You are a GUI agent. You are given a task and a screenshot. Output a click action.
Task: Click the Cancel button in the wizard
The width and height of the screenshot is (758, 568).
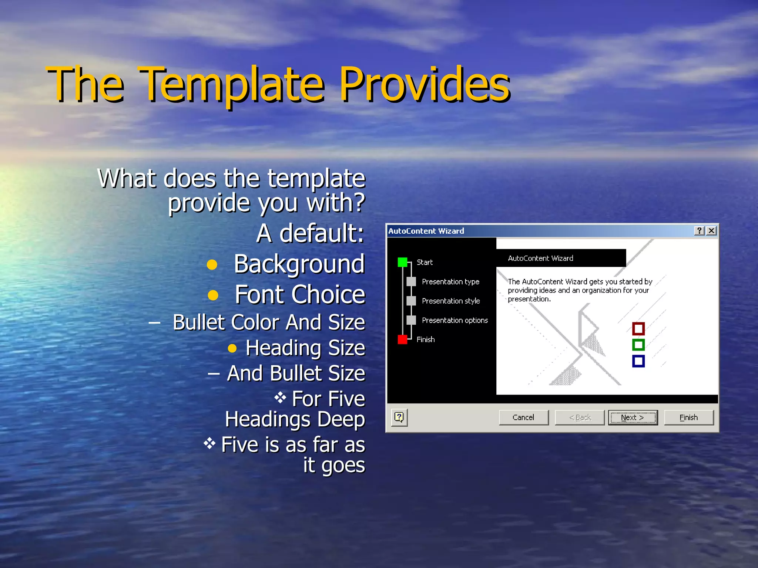(523, 417)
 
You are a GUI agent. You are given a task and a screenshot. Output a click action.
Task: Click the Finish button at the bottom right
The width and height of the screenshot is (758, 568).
(688, 417)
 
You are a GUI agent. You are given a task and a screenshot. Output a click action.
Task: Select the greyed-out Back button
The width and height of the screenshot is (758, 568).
(580, 417)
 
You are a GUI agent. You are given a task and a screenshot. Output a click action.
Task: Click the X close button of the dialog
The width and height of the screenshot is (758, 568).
(711, 231)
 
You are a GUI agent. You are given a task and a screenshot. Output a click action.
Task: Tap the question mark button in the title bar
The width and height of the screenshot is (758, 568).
(699, 231)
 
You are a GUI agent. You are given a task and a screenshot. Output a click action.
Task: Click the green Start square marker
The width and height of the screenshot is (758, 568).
(402, 262)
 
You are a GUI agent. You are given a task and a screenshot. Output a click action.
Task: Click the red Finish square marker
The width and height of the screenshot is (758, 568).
(402, 339)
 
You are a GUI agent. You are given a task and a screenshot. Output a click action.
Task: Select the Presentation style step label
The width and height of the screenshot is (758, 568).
(450, 301)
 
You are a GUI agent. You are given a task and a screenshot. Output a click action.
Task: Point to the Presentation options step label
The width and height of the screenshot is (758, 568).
(455, 320)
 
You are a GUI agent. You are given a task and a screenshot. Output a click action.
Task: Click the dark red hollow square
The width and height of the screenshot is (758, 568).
(638, 328)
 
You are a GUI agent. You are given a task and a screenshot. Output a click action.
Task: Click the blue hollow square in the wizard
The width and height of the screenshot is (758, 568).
(638, 361)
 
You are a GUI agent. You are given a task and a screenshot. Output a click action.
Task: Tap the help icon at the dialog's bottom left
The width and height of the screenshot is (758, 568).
(399, 417)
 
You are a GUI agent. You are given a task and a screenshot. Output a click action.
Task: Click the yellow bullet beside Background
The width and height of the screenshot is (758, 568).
(212, 265)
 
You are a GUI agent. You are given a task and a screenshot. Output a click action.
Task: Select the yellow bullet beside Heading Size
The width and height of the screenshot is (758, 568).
(232, 348)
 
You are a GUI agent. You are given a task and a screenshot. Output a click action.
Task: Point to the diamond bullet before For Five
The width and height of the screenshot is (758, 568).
(280, 398)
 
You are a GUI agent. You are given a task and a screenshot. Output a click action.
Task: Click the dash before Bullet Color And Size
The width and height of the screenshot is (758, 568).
(154, 323)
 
